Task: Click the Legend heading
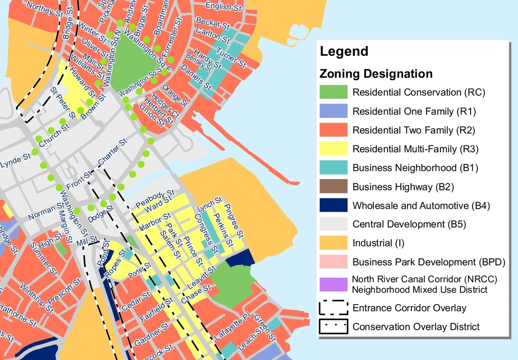pos(344,51)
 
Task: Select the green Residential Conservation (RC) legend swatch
pos(333,92)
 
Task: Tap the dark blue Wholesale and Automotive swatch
pos(333,205)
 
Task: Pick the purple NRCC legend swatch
pos(333,284)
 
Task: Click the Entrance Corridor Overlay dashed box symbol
pos(333,308)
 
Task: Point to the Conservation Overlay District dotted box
pos(333,327)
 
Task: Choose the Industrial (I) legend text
pos(378,243)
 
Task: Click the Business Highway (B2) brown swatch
pos(333,186)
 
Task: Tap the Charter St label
pos(113,152)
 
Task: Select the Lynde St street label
pos(16,161)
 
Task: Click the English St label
pos(224,6)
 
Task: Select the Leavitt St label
pos(202,278)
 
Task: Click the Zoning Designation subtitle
pos(376,74)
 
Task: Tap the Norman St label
pos(42,211)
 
